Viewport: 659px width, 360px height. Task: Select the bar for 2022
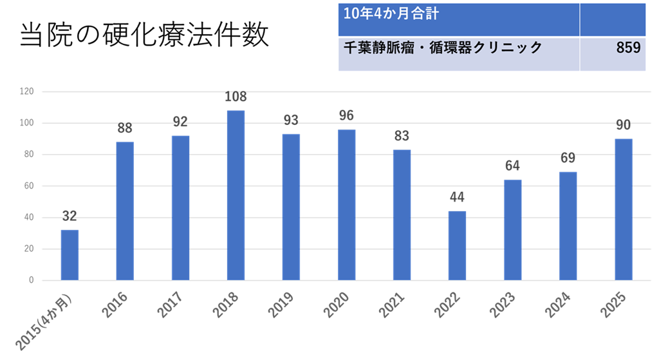pyautogui.click(x=457, y=245)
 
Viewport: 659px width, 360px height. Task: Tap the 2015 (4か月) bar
pyautogui.click(x=70, y=255)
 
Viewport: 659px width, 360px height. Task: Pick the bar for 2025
pyautogui.click(x=624, y=209)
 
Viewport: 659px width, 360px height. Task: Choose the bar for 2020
pyautogui.click(x=346, y=205)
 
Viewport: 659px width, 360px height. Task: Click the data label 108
pyautogui.click(x=236, y=98)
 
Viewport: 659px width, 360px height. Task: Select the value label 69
pyautogui.click(x=568, y=158)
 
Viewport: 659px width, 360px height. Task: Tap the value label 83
pyautogui.click(x=402, y=136)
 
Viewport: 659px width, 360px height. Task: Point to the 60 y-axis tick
pyautogui.click(x=28, y=186)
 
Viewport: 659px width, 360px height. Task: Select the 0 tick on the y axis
pyautogui.click(x=31, y=281)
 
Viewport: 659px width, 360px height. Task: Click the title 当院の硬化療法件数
pyautogui.click(x=144, y=37)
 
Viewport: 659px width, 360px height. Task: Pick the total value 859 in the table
pyautogui.click(x=627, y=48)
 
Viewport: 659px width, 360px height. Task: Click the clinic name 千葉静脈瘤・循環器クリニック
pyautogui.click(x=443, y=48)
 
